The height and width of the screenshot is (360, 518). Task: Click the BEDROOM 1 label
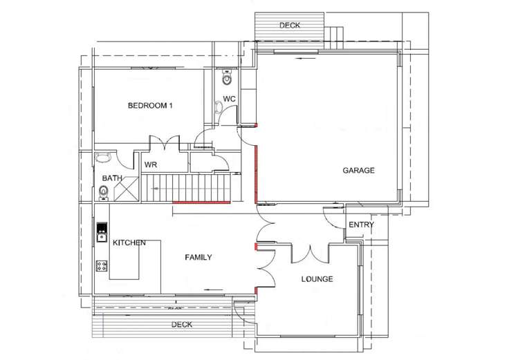[x=150, y=106]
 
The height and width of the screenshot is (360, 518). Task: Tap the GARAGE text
[x=358, y=171]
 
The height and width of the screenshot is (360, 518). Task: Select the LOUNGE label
[x=317, y=279]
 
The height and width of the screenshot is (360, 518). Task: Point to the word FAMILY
[x=198, y=257]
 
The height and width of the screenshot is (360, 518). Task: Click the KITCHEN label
[x=129, y=243]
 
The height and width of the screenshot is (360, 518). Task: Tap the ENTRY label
[x=361, y=225]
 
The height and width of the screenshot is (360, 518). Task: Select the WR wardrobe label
[x=150, y=164]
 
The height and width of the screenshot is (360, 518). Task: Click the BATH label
[x=112, y=178]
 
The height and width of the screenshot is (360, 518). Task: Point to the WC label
[x=230, y=99]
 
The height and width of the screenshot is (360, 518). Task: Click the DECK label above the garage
[x=289, y=26]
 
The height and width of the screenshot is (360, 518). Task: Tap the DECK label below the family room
[x=181, y=324]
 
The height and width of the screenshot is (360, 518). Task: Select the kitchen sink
[x=102, y=229]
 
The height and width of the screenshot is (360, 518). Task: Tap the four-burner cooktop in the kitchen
[x=102, y=265]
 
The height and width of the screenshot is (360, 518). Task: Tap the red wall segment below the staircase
[x=201, y=202]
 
